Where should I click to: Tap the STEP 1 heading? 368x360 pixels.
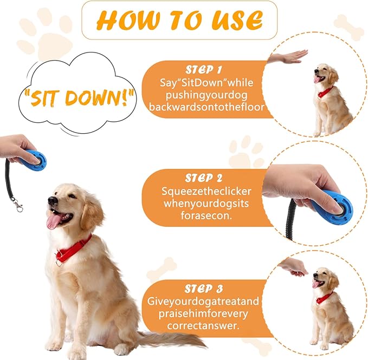point(203,70)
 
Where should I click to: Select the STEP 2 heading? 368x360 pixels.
point(203,178)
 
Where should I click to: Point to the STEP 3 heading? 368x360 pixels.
point(203,289)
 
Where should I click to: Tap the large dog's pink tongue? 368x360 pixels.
point(55,220)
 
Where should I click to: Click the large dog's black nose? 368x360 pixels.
point(51,200)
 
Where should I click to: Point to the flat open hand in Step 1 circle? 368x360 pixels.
point(287,57)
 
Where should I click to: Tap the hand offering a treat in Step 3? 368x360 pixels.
point(294,265)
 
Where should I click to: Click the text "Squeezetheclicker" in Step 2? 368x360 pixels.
point(199,191)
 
